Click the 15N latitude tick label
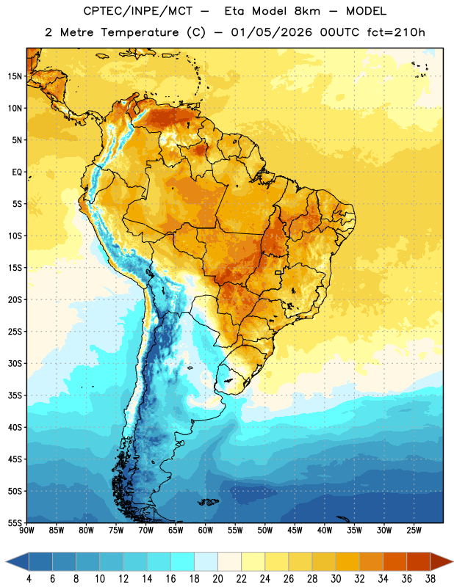[x=15, y=76]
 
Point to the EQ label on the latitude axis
[x=17, y=172]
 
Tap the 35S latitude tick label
[x=15, y=395]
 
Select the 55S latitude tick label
[x=15, y=522]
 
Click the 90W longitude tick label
[x=26, y=531]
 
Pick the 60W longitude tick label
[x=206, y=531]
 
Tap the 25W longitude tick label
[x=414, y=531]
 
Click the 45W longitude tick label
[x=295, y=531]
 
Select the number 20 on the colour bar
[x=217, y=579]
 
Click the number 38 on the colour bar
[x=430, y=579]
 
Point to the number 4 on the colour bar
[x=29, y=579]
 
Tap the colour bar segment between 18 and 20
[x=206, y=561]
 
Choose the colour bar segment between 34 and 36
[x=394, y=561]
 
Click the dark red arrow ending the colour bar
[x=442, y=561]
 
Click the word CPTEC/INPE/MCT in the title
[x=138, y=11]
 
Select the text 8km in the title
[x=307, y=11]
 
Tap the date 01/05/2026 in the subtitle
[x=271, y=32]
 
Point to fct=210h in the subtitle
[x=396, y=32]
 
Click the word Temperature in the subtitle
[x=140, y=32]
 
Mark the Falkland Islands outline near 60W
[x=208, y=502]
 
